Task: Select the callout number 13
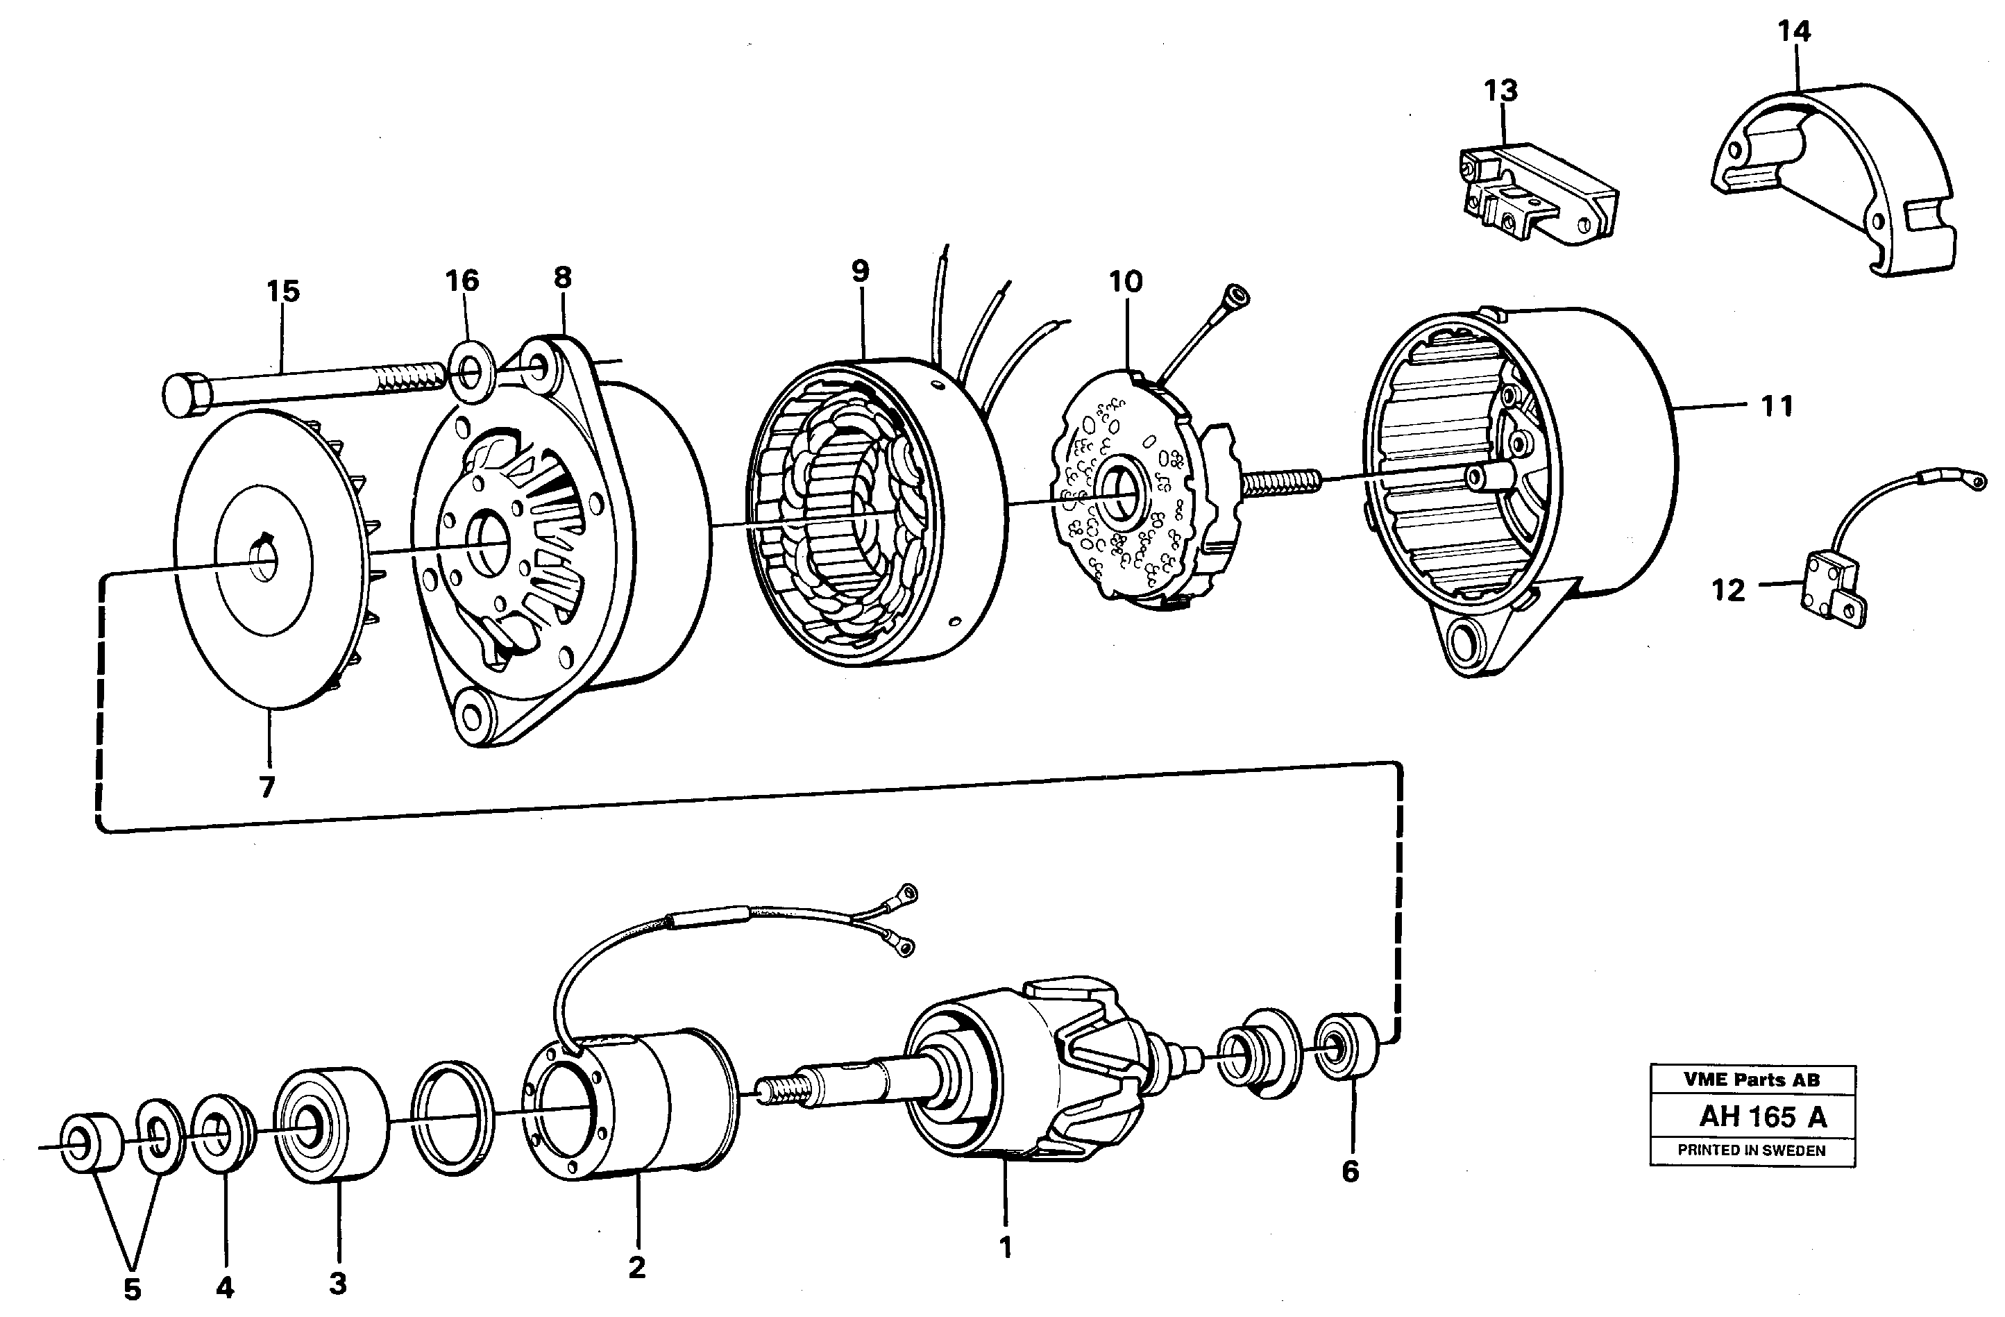tap(1500, 90)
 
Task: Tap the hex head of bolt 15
tap(185, 395)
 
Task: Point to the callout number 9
tap(859, 271)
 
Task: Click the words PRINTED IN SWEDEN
tap(1752, 1150)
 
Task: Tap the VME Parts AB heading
tap(1752, 1080)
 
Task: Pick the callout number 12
tap(1728, 590)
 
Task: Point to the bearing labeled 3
tap(330, 1125)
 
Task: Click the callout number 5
tap(133, 1289)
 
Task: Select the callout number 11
tap(1777, 407)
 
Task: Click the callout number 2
tap(637, 1266)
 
